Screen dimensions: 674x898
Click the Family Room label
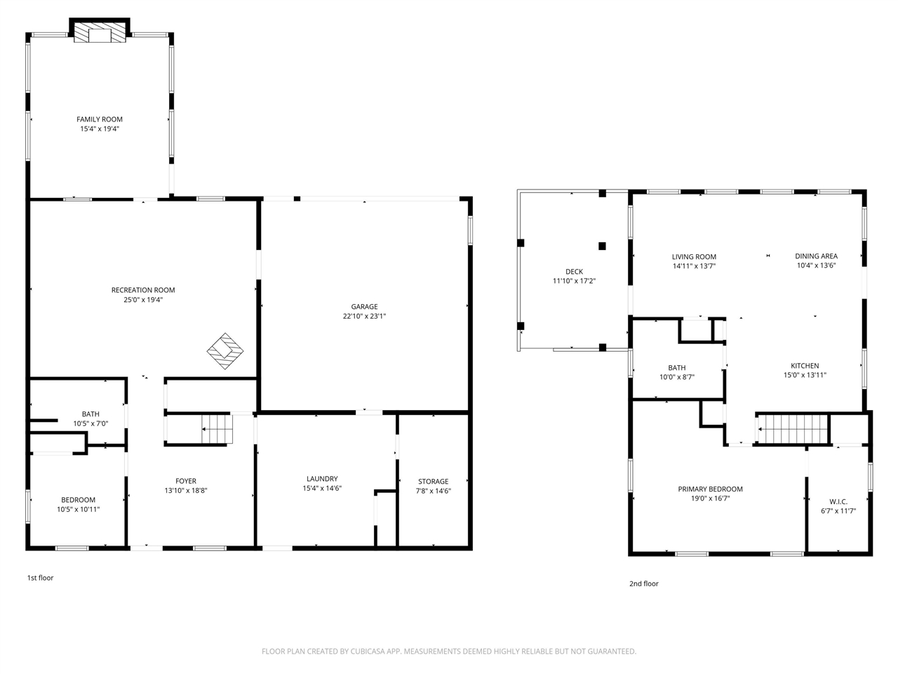100,119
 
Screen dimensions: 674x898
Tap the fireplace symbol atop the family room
100,32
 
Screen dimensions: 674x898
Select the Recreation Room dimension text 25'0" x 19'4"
143,300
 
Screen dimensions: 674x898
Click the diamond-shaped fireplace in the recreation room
224,350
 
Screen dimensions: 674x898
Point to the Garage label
364,307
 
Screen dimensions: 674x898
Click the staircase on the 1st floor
216,428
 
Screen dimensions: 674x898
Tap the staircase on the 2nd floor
793,426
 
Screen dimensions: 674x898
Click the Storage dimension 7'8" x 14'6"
433,491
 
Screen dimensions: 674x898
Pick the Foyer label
185,481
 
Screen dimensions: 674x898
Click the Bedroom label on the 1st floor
78,500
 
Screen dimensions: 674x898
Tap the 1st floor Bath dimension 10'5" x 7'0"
91,424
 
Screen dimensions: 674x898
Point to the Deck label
574,272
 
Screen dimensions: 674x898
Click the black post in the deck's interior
602,246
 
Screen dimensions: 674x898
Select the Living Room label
694,257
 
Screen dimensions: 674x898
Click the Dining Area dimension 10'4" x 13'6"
816,266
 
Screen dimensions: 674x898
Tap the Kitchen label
805,366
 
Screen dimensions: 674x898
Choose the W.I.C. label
838,501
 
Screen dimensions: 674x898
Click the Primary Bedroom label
710,489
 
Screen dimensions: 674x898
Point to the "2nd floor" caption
643,583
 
